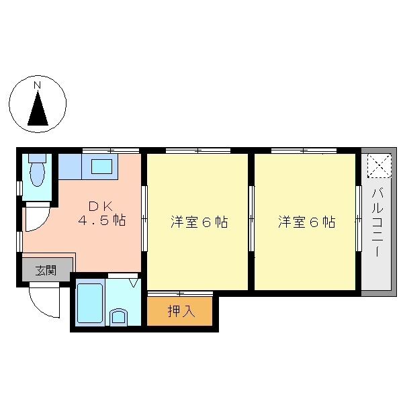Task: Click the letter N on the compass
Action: pos(38,85)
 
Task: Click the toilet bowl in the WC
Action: pos(37,174)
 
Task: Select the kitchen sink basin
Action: pos(102,167)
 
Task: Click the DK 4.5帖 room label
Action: pos(102,213)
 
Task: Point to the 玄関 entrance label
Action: pos(46,270)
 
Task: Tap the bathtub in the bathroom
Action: pos(90,303)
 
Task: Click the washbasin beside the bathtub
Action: pos(118,316)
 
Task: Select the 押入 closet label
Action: pos(181,311)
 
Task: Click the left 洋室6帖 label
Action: pos(199,222)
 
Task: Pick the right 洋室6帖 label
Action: pos(307,222)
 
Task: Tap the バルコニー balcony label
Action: pos(377,222)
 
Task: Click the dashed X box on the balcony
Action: pos(379,165)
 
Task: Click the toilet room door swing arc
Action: pos(41,222)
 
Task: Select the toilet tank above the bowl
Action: pos(37,158)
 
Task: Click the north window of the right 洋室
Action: pos(304,150)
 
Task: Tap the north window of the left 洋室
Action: pos(198,150)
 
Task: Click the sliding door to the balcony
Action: pos(359,218)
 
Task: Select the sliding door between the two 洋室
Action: pos(252,218)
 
